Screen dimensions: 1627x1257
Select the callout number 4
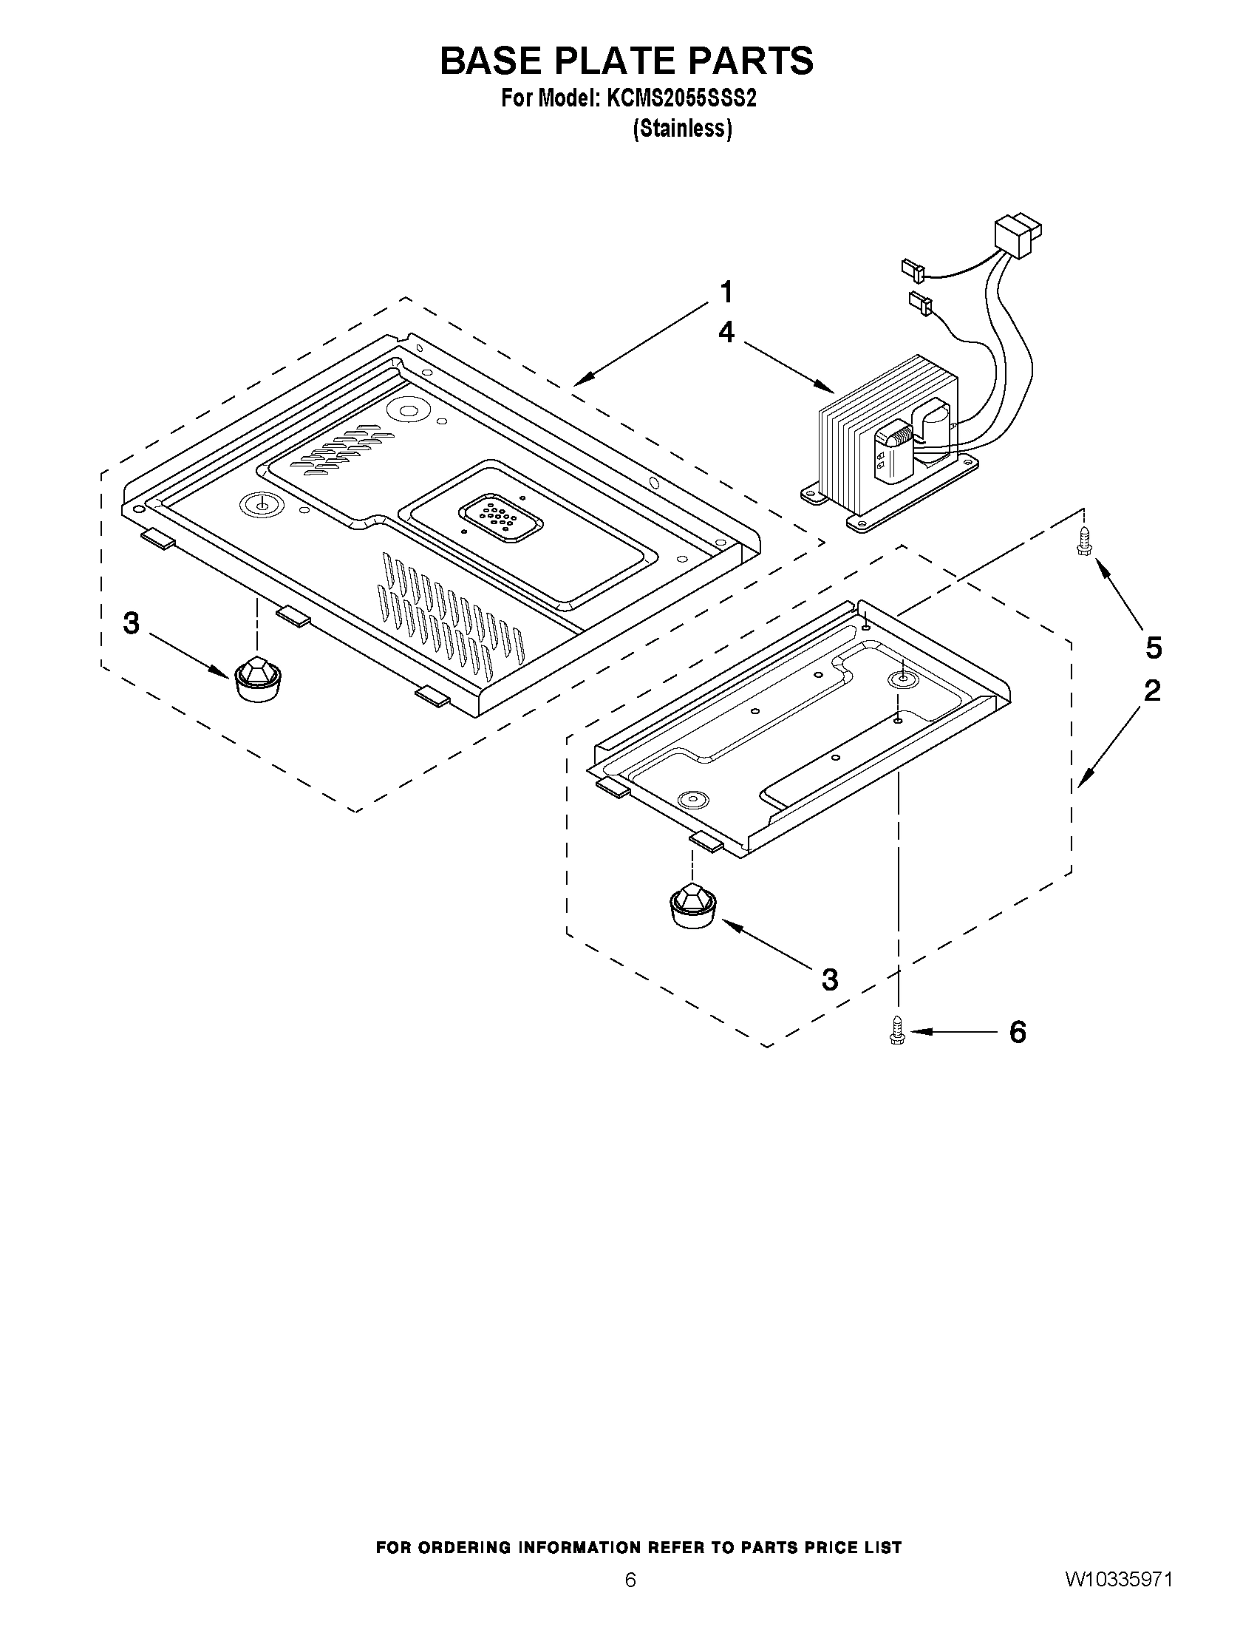726,332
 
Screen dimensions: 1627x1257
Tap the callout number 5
1153,648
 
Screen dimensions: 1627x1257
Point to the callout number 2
1152,690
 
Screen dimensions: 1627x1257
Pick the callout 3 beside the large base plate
131,624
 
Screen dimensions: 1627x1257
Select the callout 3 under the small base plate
830,979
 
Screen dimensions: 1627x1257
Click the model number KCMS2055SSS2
681,99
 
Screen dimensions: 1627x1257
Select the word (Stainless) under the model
682,129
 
